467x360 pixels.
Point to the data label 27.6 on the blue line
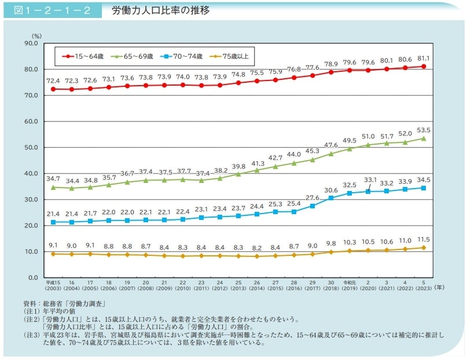[x=312, y=197]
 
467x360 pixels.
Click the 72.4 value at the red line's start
[x=53, y=80]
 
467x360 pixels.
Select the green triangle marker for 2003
[x=53, y=187]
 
